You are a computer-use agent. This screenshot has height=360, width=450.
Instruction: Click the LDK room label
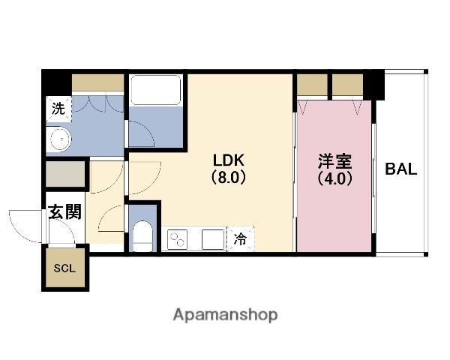tap(229, 160)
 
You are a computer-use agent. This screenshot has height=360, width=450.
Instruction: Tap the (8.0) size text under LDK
tap(229, 178)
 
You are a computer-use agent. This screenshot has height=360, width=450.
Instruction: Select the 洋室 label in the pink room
tap(335, 161)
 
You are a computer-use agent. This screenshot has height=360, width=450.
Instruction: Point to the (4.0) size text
tap(335, 178)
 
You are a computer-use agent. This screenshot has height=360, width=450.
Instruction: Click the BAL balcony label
tap(401, 169)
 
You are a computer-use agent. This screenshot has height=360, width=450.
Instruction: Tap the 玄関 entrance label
tap(64, 212)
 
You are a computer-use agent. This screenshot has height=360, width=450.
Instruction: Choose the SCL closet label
tap(64, 268)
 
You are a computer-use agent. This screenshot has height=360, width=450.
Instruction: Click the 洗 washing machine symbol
tap(58, 109)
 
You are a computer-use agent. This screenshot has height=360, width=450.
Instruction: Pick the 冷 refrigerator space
tap(240, 238)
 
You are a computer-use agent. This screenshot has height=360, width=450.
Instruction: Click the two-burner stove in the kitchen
tap(177, 239)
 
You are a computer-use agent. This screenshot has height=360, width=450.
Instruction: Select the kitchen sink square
tap(213, 239)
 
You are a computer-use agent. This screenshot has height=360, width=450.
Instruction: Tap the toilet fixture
tap(142, 236)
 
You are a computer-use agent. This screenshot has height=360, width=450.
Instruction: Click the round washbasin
tap(61, 139)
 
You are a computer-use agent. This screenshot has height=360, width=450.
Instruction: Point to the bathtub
tap(156, 90)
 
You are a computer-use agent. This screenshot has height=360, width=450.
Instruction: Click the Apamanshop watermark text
tap(225, 315)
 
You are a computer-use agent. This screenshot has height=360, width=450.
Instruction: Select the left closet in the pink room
tap(312, 85)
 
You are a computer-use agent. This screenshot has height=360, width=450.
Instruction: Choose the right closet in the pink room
tap(348, 85)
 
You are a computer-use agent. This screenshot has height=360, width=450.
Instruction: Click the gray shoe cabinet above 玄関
tap(65, 174)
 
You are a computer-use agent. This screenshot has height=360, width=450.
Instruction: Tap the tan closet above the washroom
tap(97, 82)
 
